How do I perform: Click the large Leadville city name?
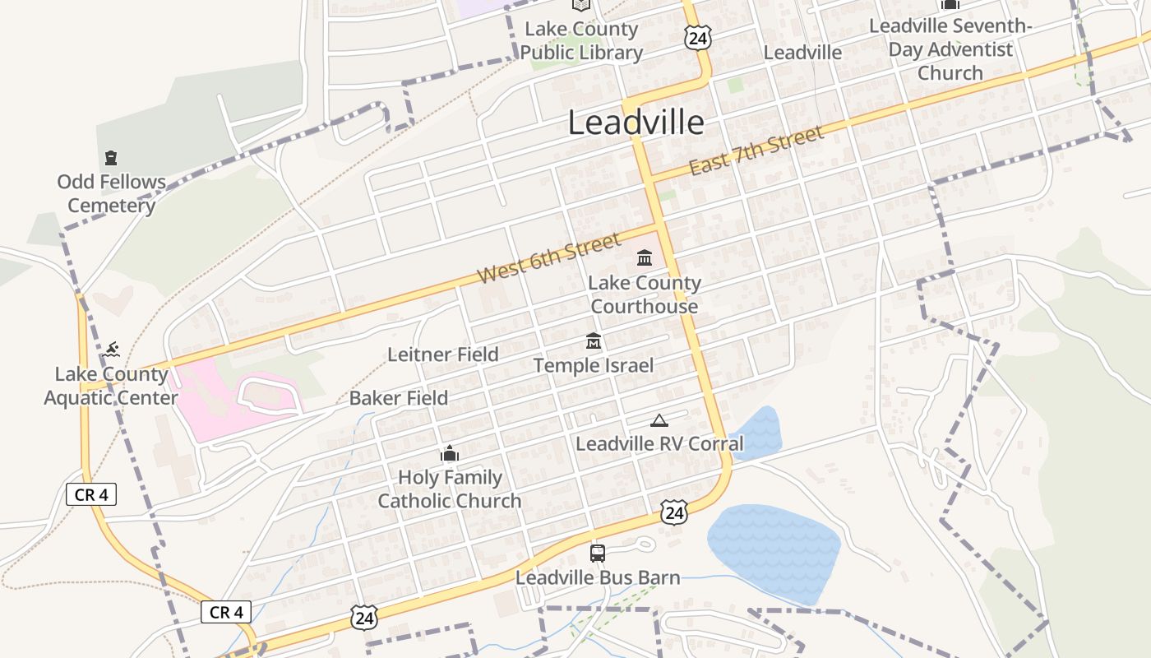pos(636,123)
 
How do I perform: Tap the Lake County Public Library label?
pos(581,41)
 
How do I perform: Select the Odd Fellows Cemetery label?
pos(111,193)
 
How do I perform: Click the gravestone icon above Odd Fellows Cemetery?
pos(111,157)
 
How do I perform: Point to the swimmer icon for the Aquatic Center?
pos(113,350)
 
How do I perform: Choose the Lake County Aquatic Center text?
pos(111,386)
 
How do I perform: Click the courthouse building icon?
pos(645,258)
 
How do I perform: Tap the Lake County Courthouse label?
pos(645,294)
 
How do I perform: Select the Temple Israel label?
pos(594,365)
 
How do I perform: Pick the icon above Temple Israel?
pos(594,341)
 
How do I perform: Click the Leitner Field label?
pos(443,354)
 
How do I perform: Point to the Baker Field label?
pos(399,398)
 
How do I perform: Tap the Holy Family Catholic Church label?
pos(450,489)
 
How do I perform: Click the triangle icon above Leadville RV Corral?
pos(659,421)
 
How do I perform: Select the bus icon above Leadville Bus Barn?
pos(598,553)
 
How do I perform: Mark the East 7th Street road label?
pos(756,151)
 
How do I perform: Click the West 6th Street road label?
pos(548,258)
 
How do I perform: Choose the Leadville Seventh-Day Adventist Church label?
pos(950,49)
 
